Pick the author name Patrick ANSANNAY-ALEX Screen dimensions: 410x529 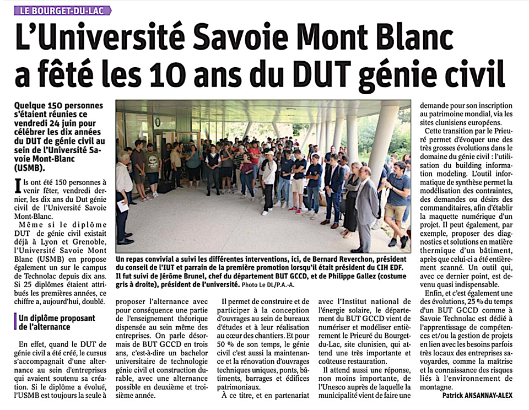point(477,395)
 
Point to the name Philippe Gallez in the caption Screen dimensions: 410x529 point(334,276)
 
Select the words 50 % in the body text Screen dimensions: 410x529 point(227,344)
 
